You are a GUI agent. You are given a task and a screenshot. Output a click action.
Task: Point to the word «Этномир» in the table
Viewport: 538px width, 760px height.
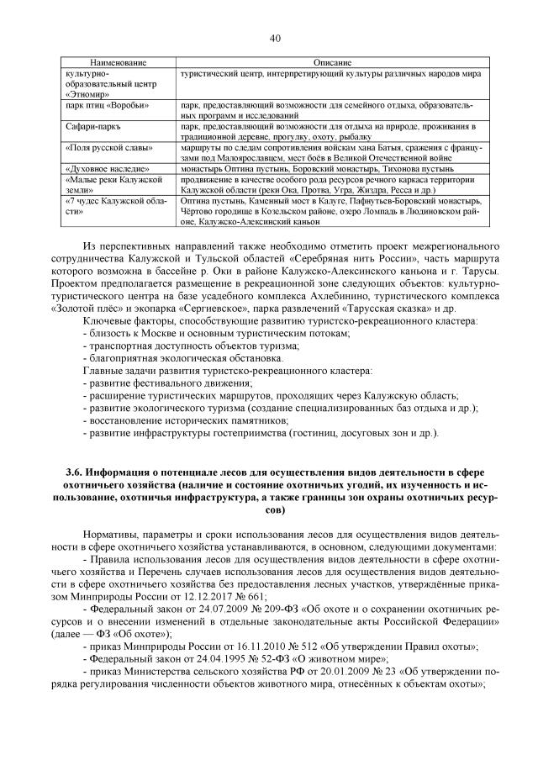point(85,94)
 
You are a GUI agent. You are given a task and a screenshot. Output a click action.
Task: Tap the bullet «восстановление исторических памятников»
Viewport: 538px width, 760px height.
point(188,420)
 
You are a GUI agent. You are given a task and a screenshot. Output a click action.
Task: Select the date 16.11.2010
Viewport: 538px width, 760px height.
point(244,646)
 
